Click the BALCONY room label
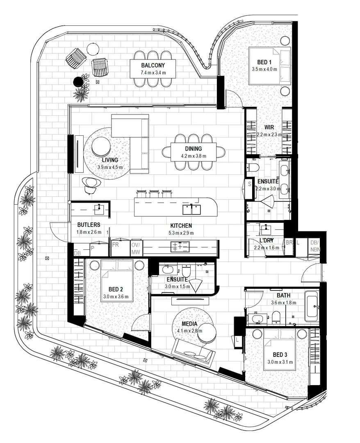[x=153, y=65]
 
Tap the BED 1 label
[x=264, y=62]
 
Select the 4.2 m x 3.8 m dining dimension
[x=194, y=156]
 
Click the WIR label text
[x=269, y=128]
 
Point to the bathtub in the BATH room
[x=312, y=307]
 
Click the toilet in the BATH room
[x=276, y=318]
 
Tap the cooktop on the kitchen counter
[x=180, y=247]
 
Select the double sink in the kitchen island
[x=192, y=209]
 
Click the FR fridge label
[x=116, y=245]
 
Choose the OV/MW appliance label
[x=136, y=248]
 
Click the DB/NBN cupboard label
[x=315, y=246]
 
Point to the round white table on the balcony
[x=93, y=49]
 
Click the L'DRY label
[x=267, y=240]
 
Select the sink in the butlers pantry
[x=99, y=208]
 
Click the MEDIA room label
[x=189, y=324]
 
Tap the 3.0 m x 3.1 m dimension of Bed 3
[x=280, y=362]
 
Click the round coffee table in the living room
[x=101, y=146]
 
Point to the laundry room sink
[x=266, y=229]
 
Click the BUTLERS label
[x=89, y=225]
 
